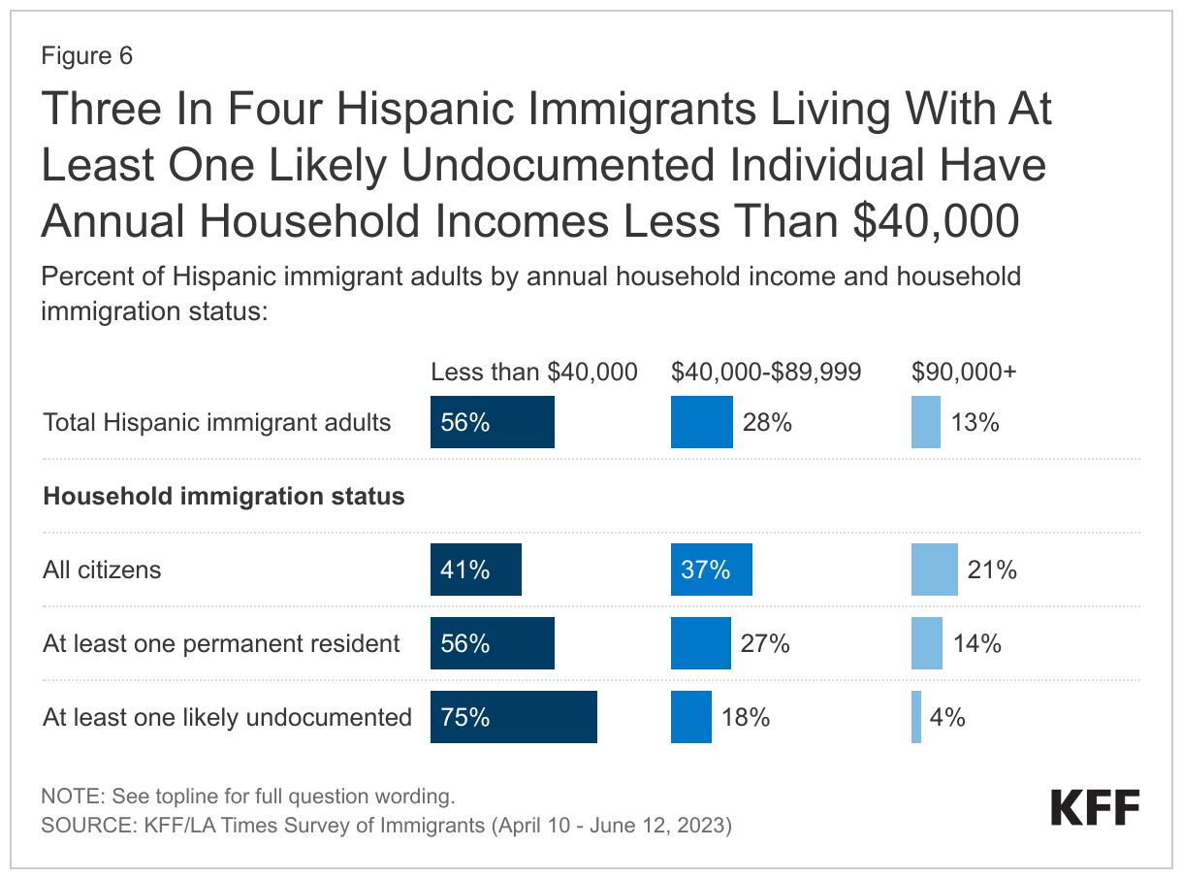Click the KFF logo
[1095, 807]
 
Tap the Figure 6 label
[87, 56]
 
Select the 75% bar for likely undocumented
[514, 717]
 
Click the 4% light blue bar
[916, 717]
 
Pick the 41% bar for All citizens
[476, 570]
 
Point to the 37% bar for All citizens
[711, 570]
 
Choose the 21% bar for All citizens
[934, 570]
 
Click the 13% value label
[975, 422]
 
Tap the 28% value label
[767, 422]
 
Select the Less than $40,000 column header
[534, 372]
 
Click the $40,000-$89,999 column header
[766, 372]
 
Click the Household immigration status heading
[224, 496]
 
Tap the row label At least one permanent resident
[221, 643]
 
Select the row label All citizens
[102, 570]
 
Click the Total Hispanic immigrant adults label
[217, 422]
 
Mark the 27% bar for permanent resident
[700, 643]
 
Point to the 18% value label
[746, 717]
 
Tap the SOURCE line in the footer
[385, 827]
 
